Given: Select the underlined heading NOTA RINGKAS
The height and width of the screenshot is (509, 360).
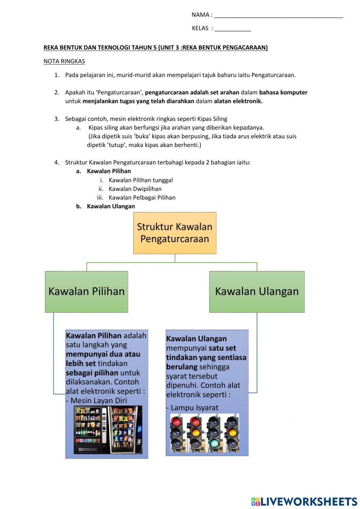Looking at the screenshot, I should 64,61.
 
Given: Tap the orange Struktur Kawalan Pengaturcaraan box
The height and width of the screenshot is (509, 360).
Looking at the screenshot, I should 175,233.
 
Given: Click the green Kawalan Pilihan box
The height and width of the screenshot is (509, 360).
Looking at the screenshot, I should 86,291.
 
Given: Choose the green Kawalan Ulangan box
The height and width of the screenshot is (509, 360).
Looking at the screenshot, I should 257,291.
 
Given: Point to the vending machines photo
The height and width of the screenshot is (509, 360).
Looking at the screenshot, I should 108,430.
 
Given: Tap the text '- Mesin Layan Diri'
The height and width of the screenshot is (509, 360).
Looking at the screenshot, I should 96,401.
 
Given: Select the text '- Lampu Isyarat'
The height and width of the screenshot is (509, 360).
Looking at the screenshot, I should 192,408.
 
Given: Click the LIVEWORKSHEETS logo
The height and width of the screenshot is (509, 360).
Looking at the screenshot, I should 304,501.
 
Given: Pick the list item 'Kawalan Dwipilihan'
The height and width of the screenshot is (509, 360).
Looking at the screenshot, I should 135,189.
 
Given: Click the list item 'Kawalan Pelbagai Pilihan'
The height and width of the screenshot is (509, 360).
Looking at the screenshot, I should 142,197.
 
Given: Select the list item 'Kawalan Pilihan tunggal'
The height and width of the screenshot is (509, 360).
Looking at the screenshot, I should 141,180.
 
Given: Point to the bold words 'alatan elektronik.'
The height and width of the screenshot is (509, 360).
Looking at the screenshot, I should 238,101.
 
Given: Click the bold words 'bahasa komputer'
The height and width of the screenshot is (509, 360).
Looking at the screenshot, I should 283,93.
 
